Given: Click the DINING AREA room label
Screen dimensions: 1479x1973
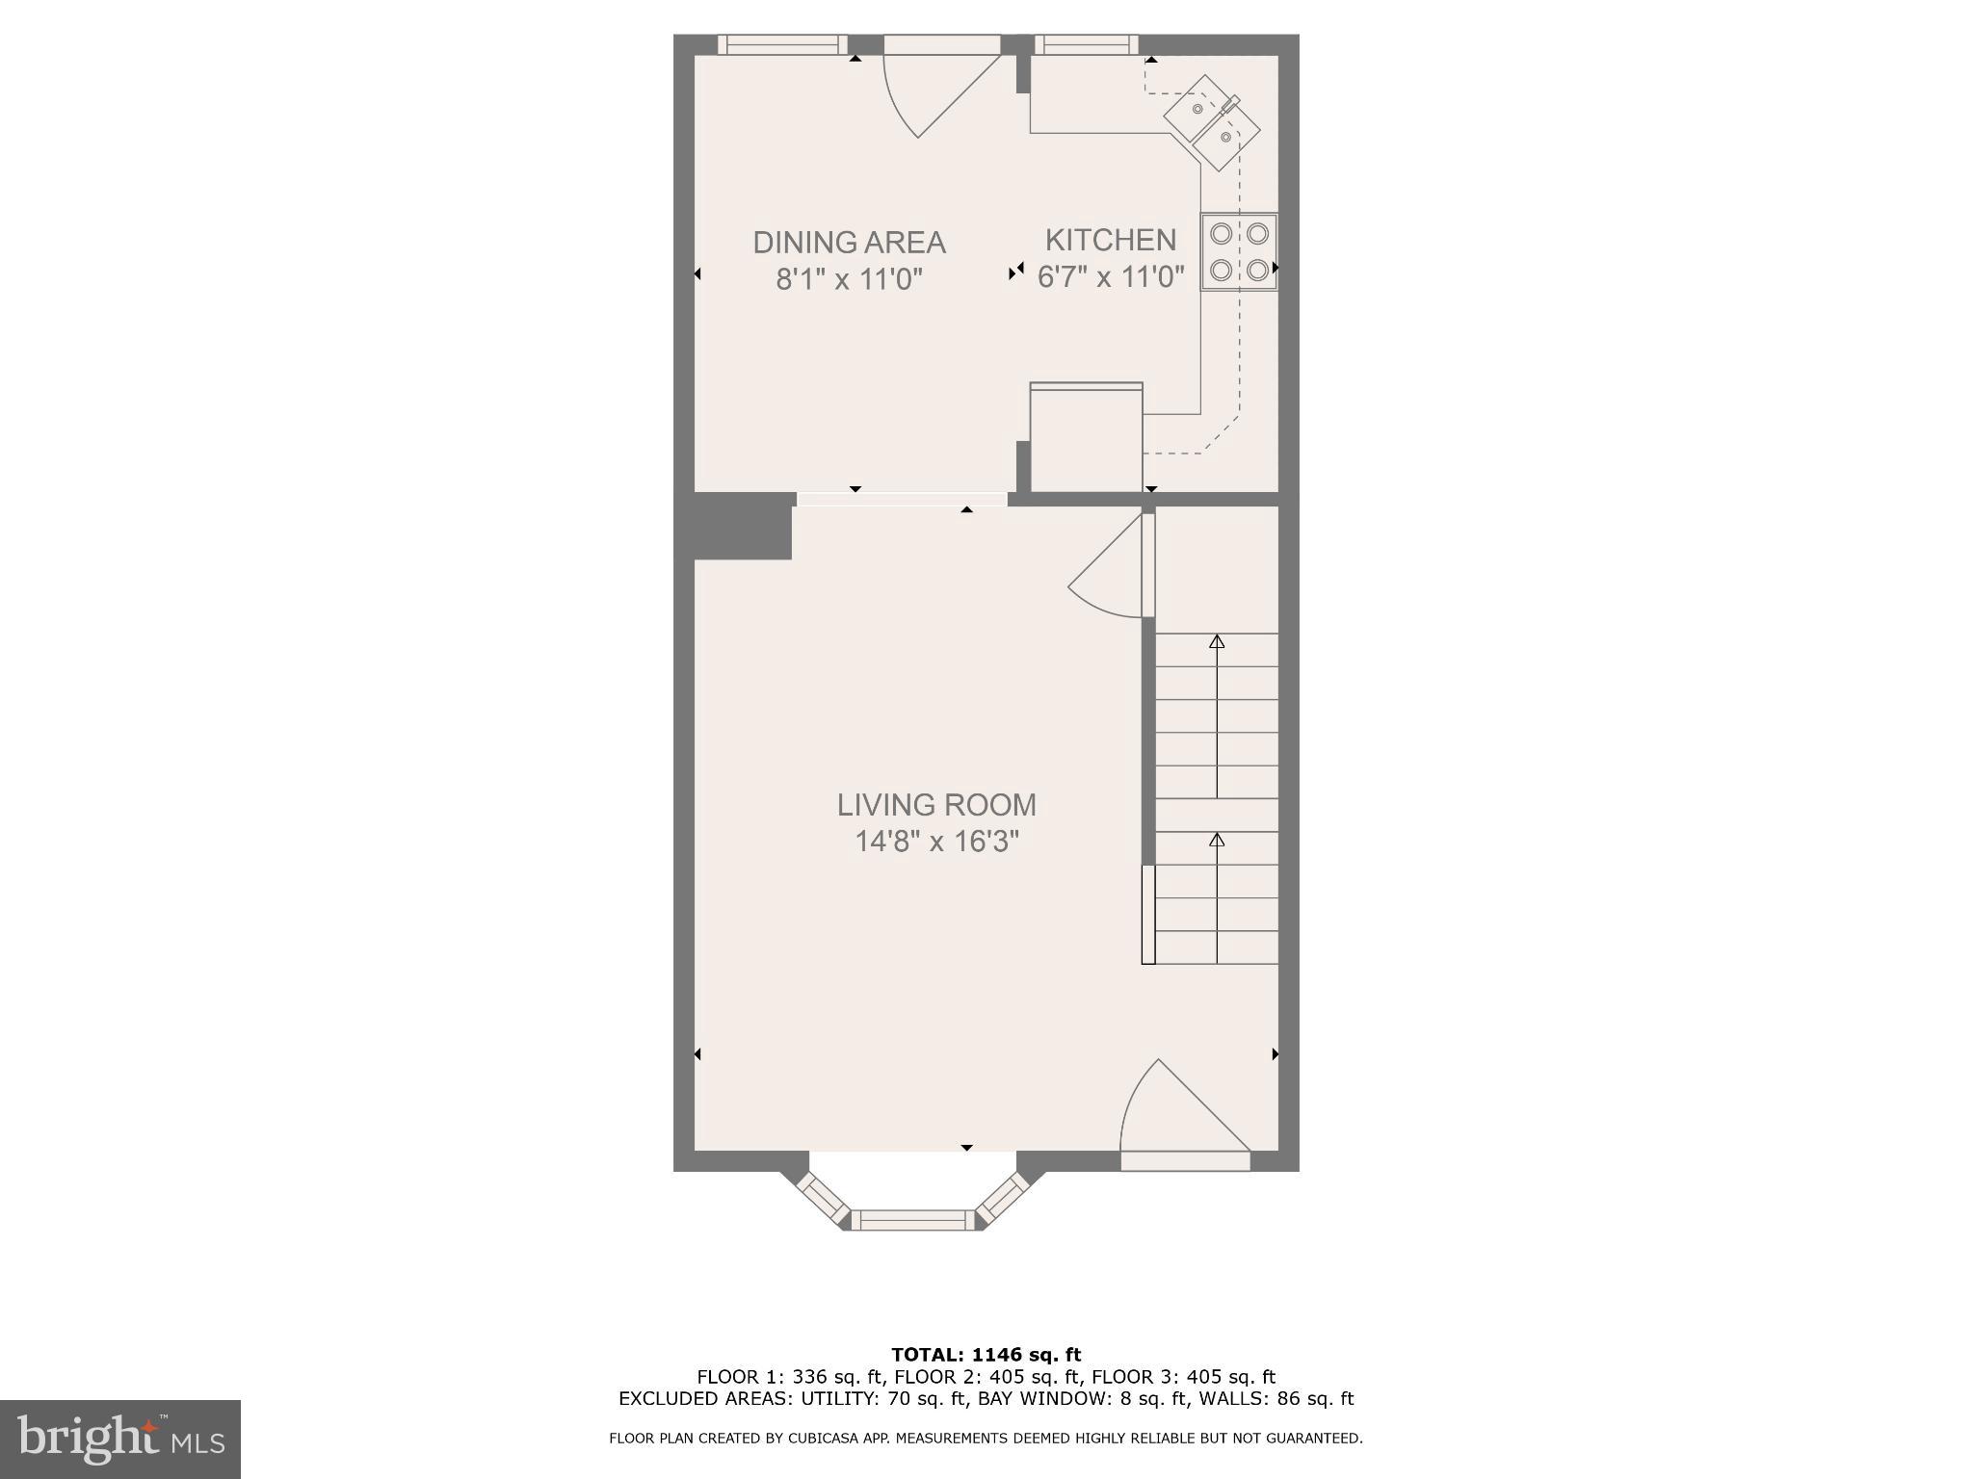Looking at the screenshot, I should (849, 242).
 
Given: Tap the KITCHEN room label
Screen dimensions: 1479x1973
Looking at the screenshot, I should (1111, 240).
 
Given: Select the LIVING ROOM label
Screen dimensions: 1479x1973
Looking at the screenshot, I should (936, 804).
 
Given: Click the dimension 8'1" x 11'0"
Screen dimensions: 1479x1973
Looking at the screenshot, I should (849, 280).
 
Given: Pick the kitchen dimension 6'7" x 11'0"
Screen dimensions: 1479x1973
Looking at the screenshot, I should (1111, 278).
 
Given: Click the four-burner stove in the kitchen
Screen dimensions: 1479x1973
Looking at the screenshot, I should (1238, 252).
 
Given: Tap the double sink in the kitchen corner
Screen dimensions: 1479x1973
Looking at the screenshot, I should (1212, 121).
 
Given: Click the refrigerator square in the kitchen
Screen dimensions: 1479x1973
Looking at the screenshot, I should (1086, 438).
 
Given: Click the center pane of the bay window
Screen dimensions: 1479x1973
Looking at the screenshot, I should (913, 1220).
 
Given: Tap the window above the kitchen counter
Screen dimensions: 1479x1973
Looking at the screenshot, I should (1086, 44).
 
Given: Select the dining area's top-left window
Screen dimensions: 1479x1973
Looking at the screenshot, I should (782, 44).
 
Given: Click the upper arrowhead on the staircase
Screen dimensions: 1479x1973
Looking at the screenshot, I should (1217, 641).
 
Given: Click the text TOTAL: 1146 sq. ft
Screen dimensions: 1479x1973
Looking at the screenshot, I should (986, 1355).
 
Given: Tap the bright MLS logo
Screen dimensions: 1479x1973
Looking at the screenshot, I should (120, 1439).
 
